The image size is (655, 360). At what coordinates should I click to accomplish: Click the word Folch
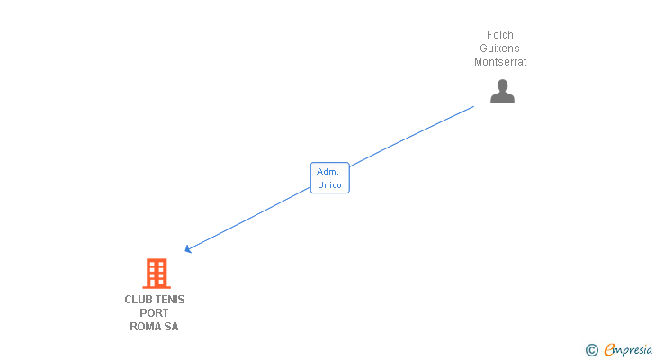[500, 35]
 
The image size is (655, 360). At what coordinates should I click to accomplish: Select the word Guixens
[500, 49]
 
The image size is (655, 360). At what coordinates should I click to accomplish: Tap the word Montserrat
[500, 62]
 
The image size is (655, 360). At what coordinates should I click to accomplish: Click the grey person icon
[502, 92]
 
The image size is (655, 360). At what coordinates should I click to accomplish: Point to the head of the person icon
[502, 85]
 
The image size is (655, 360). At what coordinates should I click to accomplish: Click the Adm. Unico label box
[329, 177]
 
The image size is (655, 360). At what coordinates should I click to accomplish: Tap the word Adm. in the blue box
[328, 171]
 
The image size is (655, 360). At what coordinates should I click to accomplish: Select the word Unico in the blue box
[329, 184]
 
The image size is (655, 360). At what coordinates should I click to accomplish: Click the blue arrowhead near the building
[187, 249]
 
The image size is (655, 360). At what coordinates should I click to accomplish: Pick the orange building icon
[157, 274]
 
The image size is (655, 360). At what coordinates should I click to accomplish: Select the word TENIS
[170, 299]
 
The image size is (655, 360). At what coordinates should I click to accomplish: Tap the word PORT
[154, 313]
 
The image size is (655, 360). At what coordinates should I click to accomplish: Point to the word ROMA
[145, 327]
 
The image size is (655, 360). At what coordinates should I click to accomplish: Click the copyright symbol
[592, 350]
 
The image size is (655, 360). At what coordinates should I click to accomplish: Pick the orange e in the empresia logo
[610, 350]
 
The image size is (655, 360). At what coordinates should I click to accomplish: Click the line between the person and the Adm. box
[411, 136]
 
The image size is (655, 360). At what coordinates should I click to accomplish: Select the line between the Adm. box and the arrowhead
[247, 219]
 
